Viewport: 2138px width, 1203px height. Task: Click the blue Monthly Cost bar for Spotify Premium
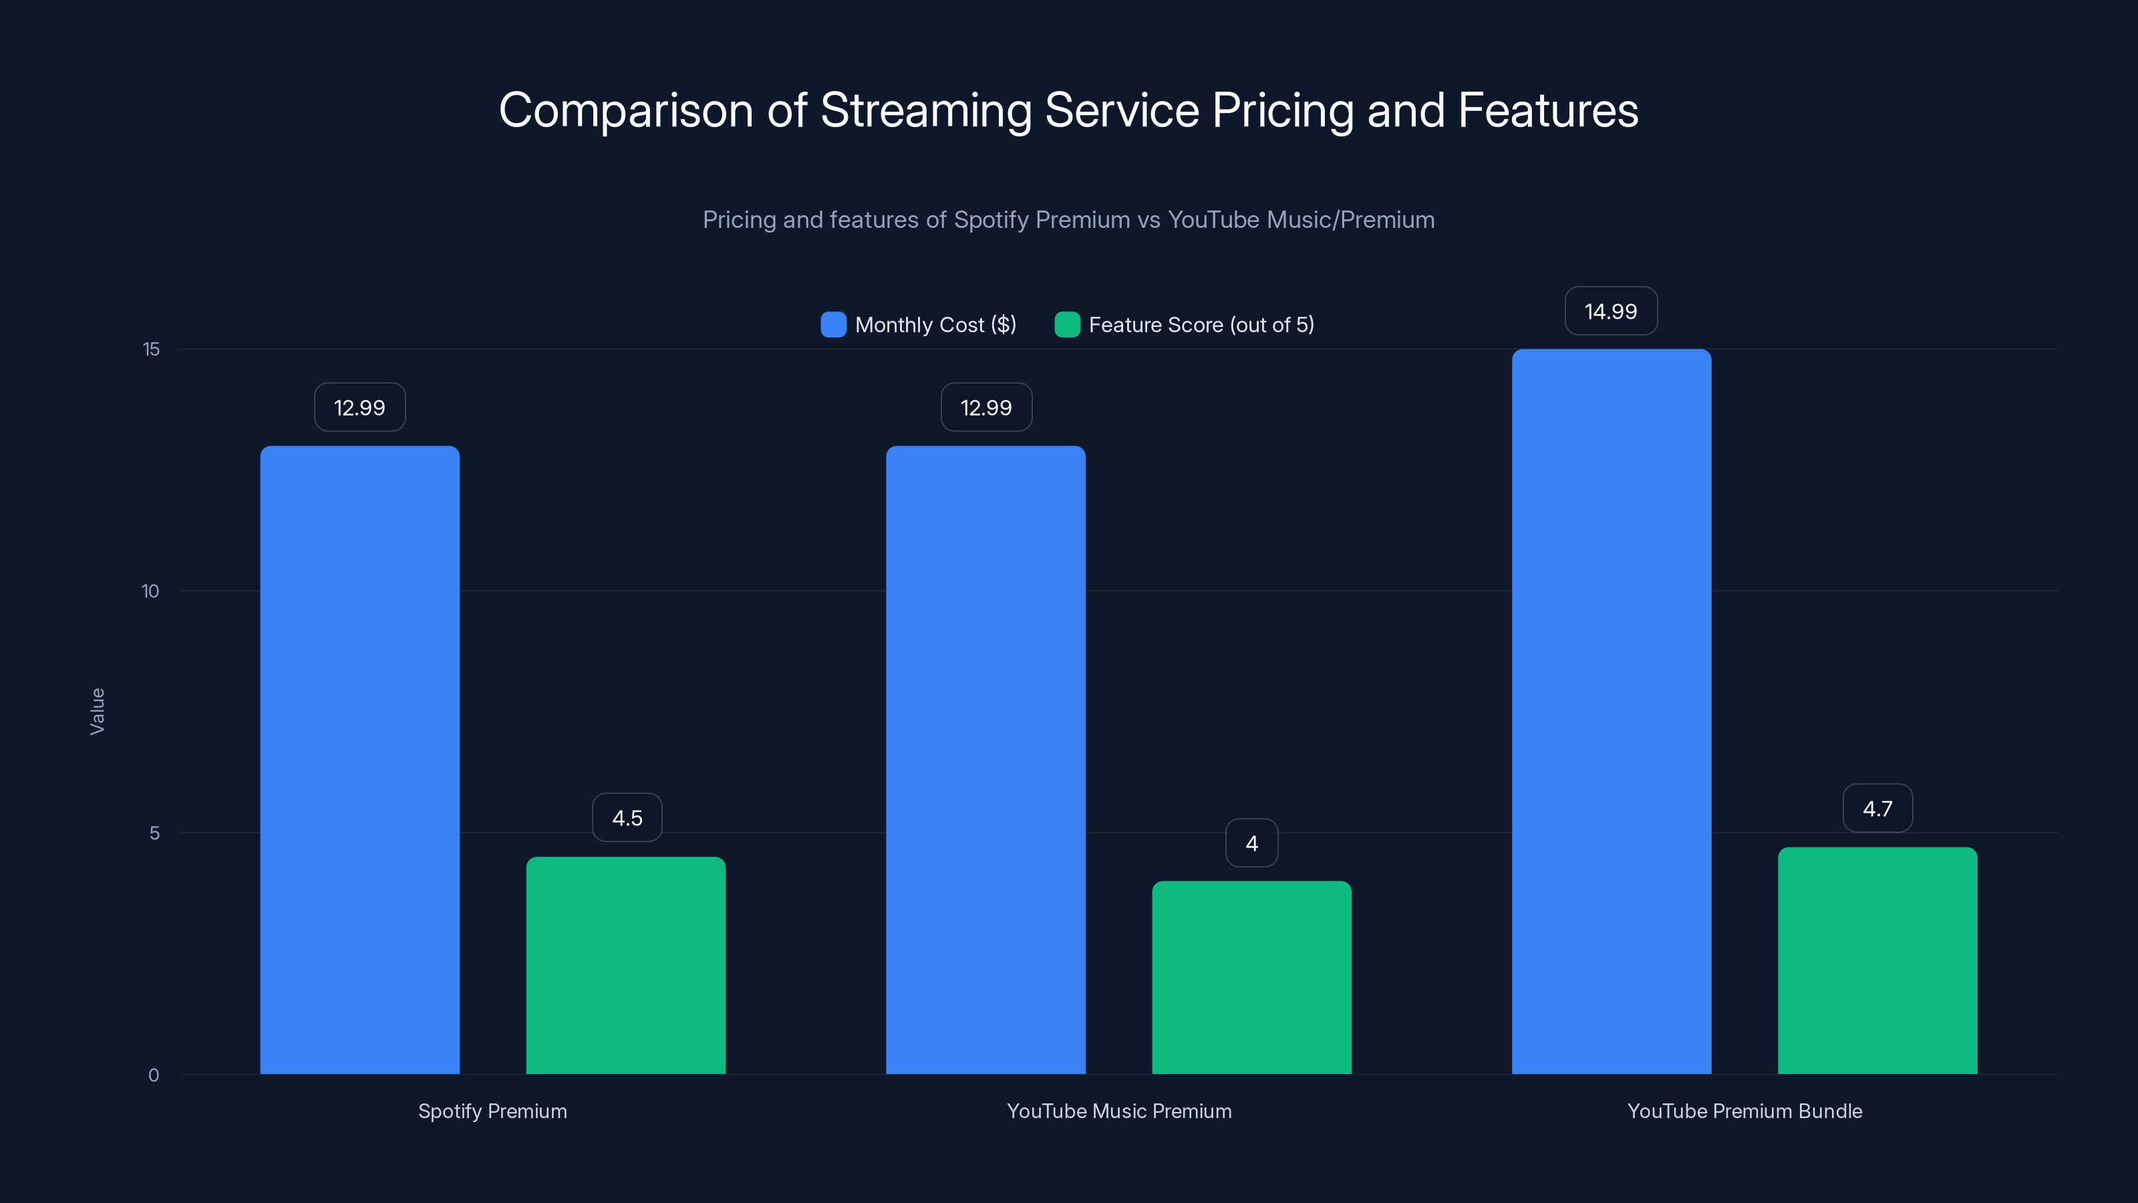pos(359,760)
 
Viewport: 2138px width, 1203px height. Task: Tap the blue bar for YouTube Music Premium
pos(985,760)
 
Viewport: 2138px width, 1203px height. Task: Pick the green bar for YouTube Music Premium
pos(1251,977)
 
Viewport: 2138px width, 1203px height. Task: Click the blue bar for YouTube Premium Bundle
pos(1611,712)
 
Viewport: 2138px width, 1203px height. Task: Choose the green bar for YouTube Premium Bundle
pos(1877,960)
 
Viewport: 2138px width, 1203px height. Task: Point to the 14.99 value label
pos(1611,311)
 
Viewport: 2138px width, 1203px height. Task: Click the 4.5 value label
pos(627,818)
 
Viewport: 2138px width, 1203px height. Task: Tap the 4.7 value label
pos(1877,809)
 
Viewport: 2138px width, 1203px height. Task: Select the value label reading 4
pos(1251,843)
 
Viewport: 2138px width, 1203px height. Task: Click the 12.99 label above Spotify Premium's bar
pos(359,408)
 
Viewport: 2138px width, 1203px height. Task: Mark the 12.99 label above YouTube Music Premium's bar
pos(986,408)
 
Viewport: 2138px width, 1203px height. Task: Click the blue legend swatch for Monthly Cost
pos(833,325)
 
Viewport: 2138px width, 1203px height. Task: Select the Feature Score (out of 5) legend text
pos(1201,325)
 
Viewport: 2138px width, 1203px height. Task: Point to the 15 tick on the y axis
pos(151,350)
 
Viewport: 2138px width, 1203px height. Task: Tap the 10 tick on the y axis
pos(150,591)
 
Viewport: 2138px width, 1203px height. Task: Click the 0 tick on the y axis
pos(154,1075)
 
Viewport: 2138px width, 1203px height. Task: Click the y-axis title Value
pos(97,712)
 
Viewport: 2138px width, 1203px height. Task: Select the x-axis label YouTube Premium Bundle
pos(1744,1111)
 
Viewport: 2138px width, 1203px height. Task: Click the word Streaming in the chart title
pos(926,110)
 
